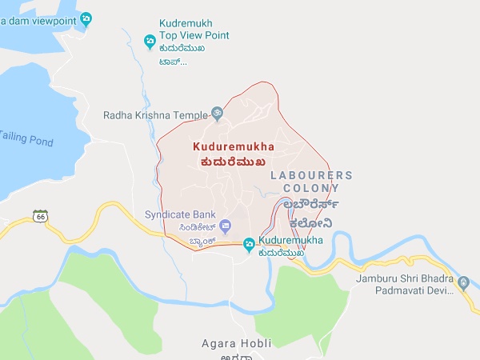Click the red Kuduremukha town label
click(x=234, y=147)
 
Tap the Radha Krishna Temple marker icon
click(x=217, y=114)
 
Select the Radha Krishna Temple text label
click(x=154, y=115)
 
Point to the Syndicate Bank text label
click(x=180, y=214)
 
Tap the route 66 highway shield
click(x=40, y=216)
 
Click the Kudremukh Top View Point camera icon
click(x=149, y=41)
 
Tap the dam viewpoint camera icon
click(x=86, y=18)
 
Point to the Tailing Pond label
click(x=26, y=138)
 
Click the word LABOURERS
click(x=311, y=174)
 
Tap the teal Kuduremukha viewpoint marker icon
click(x=250, y=242)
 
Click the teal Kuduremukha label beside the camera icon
click(x=292, y=240)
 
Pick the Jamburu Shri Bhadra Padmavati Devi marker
click(x=463, y=282)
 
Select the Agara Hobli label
click(x=236, y=344)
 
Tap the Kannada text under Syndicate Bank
click(x=181, y=226)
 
